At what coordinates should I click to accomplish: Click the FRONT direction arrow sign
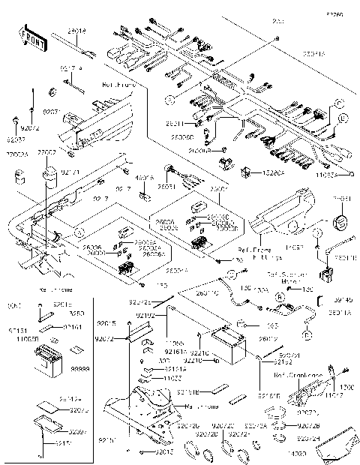point(29,37)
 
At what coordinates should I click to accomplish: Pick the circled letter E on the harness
point(342,118)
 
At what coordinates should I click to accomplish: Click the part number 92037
point(16,139)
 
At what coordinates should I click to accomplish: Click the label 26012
point(269,338)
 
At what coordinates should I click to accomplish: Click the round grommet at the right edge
point(341,222)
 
